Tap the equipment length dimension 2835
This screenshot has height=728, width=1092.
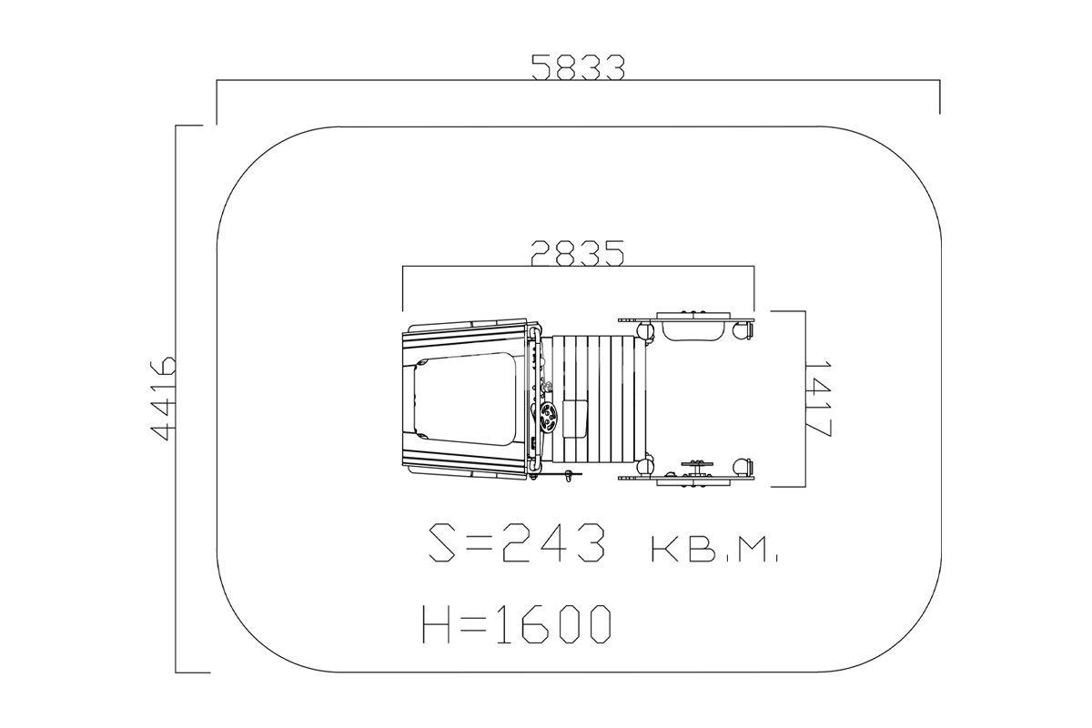click(577, 253)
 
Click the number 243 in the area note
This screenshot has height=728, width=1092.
click(553, 542)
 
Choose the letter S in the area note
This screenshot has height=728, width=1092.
click(443, 542)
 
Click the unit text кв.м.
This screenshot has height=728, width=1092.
click(714, 550)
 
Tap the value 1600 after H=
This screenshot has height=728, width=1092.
click(554, 624)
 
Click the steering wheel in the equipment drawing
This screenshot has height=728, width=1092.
click(550, 417)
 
